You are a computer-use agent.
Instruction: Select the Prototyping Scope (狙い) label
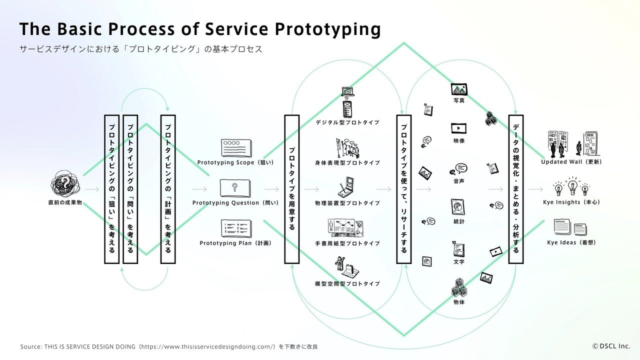pyautogui.click(x=235, y=162)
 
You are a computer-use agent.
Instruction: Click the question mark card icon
pyautogui.click(x=235, y=188)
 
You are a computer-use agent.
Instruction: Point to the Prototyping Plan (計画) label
pyautogui.click(x=235, y=243)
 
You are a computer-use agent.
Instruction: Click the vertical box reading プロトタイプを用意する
pyautogui.click(x=291, y=189)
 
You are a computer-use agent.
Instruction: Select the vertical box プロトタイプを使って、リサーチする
pyautogui.click(x=403, y=189)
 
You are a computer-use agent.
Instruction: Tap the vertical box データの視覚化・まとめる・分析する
pyautogui.click(x=515, y=189)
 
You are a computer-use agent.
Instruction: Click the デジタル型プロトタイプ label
pyautogui.click(x=347, y=122)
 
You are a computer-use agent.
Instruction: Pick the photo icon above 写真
pyautogui.click(x=459, y=89)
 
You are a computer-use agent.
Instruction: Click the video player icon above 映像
pyautogui.click(x=459, y=128)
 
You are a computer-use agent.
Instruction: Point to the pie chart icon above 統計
pyautogui.click(x=458, y=207)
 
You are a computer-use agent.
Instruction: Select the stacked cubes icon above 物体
pyautogui.click(x=459, y=287)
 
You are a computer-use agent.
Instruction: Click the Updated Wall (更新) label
pyautogui.click(x=571, y=162)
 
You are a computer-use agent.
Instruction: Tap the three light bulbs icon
pyautogui.click(x=572, y=186)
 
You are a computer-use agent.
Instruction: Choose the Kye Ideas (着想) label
pyautogui.click(x=571, y=242)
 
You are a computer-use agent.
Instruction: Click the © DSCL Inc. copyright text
pyautogui.click(x=611, y=346)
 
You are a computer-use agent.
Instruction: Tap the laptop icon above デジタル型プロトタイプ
pyautogui.click(x=347, y=91)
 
